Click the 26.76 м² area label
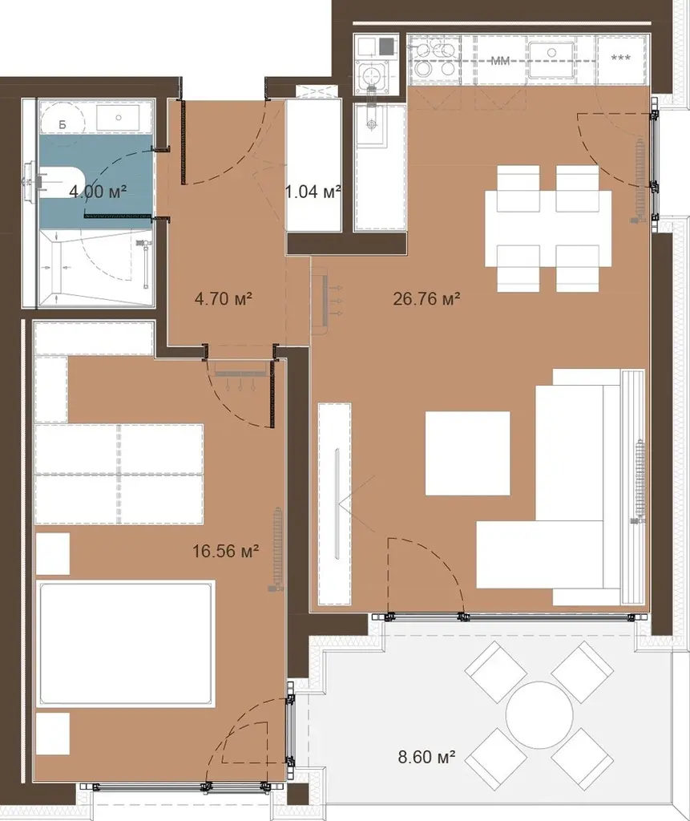(426, 299)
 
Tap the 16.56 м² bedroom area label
(226, 551)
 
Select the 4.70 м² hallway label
(224, 299)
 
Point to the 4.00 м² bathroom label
(98, 192)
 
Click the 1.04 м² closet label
(313, 192)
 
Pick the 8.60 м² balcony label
(426, 757)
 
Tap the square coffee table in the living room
(467, 454)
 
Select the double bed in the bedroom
(125, 643)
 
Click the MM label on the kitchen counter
(501, 61)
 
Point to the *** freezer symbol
(621, 58)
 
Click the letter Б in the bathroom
(63, 124)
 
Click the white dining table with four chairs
(548, 229)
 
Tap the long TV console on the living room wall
(334, 504)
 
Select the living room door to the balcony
(425, 576)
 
